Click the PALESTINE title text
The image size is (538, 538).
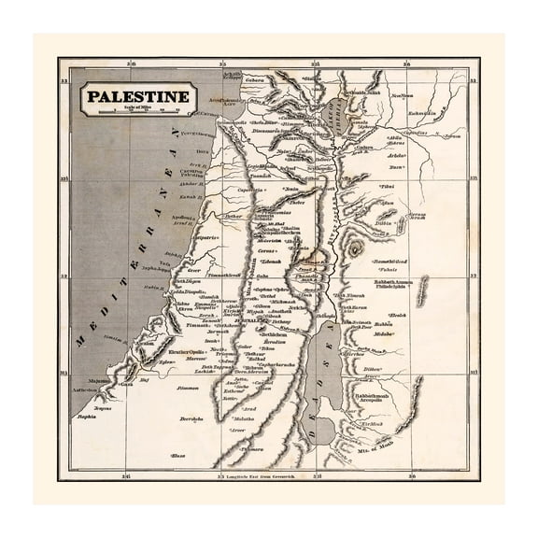click(137, 97)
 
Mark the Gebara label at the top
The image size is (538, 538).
click(257, 80)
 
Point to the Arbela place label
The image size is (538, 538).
click(393, 156)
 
